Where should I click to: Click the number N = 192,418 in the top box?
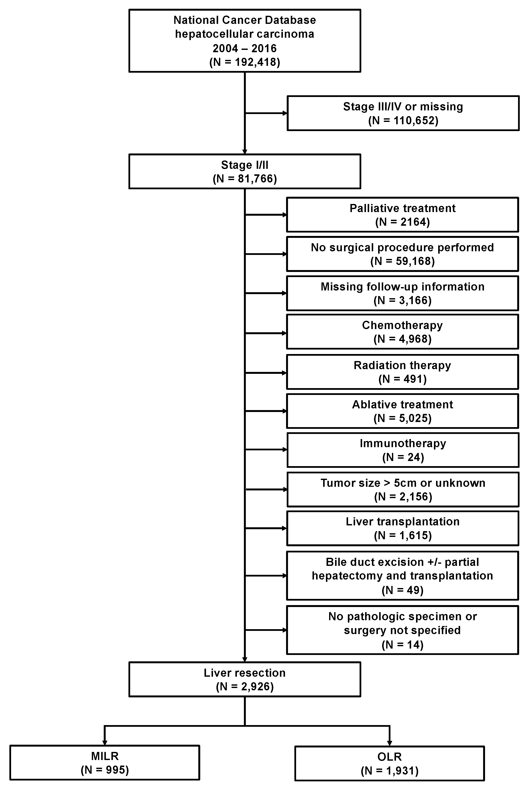pos(245,62)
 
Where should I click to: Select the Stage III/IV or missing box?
pos(403,113)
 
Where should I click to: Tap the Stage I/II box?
pos(245,172)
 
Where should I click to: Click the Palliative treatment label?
pos(402,208)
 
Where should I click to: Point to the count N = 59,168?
pos(402,261)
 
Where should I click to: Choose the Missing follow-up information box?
pos(402,293)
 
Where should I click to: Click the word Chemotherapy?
pos(402,325)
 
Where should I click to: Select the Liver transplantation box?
pos(402,528)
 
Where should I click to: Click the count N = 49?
pos(402,590)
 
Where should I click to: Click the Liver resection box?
pos(245,679)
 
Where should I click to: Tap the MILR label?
pos(105,756)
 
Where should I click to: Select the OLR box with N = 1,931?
pos(390,763)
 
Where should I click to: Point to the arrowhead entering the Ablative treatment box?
pos(284,411)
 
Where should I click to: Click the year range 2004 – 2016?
pos(245,48)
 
